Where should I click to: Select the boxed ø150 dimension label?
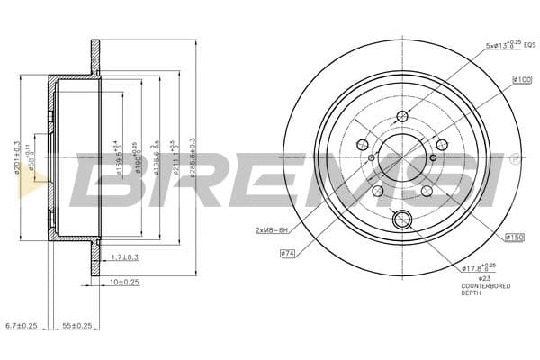(x=515, y=237)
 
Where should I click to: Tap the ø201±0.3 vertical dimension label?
(x=17, y=158)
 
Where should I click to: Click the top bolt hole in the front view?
(x=402, y=115)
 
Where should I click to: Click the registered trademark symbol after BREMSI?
(x=514, y=159)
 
